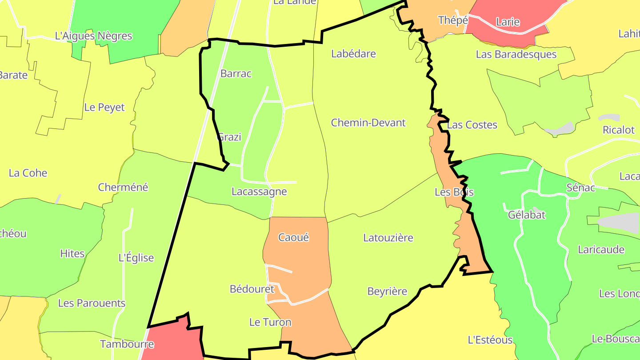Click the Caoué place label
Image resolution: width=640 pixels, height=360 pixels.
293,237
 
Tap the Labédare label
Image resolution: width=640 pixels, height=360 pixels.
354,54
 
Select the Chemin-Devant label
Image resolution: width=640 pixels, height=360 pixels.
368,123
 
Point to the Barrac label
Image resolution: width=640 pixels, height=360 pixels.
236,74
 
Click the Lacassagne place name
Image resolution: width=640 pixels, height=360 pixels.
259,192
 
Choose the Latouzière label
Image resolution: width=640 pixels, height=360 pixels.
388,238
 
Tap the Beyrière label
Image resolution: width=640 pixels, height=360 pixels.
387,292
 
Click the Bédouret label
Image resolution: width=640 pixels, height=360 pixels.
252,289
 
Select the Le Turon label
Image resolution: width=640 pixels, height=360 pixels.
270,322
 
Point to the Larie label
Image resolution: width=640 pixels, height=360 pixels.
508,22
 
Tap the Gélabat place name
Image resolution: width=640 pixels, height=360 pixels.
527,215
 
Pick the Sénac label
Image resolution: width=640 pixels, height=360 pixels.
580,188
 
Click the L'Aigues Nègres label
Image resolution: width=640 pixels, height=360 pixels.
93,36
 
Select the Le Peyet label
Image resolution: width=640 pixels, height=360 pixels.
104,108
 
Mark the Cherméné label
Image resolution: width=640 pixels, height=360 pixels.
123,187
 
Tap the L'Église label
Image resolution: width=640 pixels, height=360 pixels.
136,258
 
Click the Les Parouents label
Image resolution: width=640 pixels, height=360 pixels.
92,303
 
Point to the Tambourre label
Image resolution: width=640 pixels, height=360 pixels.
127,344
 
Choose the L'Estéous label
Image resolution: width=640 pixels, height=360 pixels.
490,340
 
